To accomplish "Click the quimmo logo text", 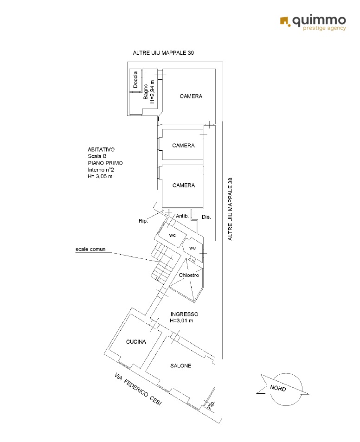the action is coord(319,21).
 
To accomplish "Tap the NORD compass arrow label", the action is coord(278,388).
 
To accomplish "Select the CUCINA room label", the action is coord(136,342).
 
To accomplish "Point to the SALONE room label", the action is coord(181,365).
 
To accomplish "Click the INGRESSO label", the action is coord(184,314).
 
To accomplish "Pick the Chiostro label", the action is coord(189,275).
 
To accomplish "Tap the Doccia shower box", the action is coord(135,80).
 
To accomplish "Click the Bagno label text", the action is coord(146,91).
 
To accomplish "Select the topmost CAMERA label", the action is coord(191,96).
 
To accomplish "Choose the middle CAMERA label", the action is coord(184,146).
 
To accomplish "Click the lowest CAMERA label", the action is coord(184,185).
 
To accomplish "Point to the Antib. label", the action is coord(182,216).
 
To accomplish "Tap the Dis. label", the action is coord(206,217).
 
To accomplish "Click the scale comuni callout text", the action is coord(91,249).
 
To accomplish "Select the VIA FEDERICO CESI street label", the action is coord(138,389).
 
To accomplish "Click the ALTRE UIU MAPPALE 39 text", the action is coord(163,53).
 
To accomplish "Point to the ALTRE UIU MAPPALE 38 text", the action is coord(230,209).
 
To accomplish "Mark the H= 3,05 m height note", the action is coord(100,176).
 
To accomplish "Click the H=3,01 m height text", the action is coord(181,320).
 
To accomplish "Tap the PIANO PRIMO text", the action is coord(105,163).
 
